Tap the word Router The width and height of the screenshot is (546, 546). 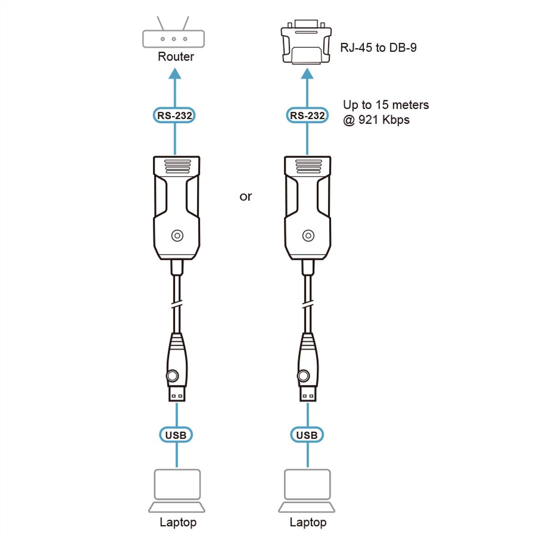pos(176,57)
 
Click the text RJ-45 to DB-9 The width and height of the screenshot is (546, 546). pos(378,48)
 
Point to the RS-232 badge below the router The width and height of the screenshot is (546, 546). pos(175,116)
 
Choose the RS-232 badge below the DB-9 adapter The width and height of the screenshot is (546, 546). pos(308,116)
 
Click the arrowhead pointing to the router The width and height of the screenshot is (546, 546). pos(175,73)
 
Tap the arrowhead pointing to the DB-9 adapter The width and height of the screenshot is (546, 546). pos(307,73)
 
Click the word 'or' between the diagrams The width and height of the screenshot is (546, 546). pos(246,197)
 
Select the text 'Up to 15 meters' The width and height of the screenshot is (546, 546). pos(386,105)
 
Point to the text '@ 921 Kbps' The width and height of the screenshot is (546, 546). pos(376,120)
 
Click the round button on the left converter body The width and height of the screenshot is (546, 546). pos(177,236)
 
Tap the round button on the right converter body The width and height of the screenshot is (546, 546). pos(308,236)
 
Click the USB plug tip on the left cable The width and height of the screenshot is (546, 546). pos(177,394)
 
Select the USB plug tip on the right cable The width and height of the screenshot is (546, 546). pos(308,394)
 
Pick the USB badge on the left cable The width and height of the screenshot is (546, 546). pos(176,435)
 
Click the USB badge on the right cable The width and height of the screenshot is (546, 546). pos(307,435)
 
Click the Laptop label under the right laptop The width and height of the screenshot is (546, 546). pos(308,522)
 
